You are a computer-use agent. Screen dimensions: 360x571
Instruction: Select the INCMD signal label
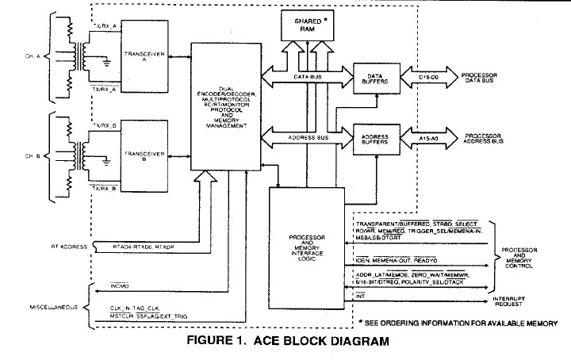point(121,281)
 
